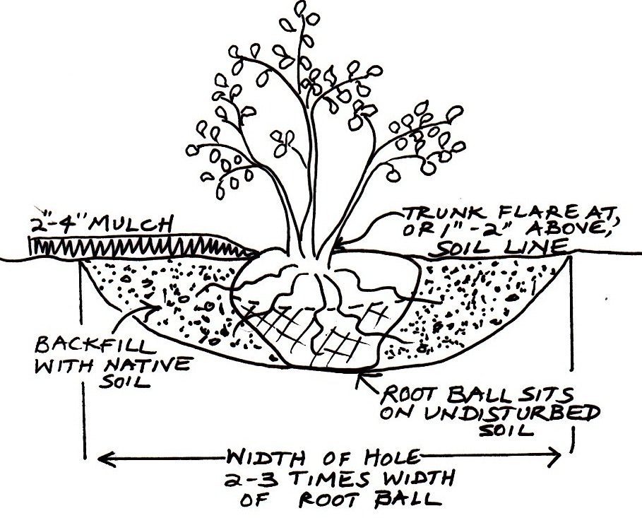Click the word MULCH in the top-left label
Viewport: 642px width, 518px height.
(130, 225)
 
